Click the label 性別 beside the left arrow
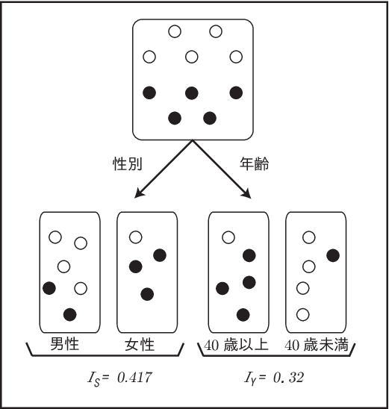(128, 164)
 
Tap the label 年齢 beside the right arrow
(254, 164)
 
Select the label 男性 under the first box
(64, 344)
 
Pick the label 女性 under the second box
(140, 344)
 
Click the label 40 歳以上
(236, 345)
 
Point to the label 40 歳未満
(317, 345)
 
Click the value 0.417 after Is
(134, 378)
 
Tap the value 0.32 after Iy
(288, 378)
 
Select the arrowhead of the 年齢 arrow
(247, 194)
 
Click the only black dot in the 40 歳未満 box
(333, 255)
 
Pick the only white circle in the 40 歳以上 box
(228, 237)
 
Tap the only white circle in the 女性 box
(136, 237)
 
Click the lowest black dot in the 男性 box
(70, 314)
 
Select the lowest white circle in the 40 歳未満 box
(303, 314)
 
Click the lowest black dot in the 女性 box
(147, 294)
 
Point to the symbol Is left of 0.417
(93, 378)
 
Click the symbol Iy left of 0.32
(250, 378)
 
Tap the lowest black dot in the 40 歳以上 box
(243, 314)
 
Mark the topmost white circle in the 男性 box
(55, 237)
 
